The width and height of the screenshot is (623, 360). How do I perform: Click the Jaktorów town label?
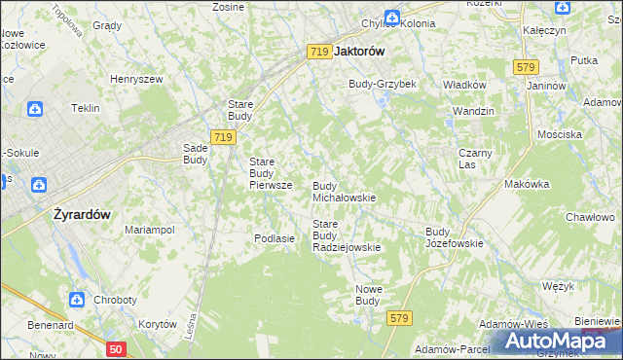click(359, 52)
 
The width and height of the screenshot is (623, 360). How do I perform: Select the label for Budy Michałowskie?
click(343, 192)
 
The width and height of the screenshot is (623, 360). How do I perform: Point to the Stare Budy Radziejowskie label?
click(346, 235)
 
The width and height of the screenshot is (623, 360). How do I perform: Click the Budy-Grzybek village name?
click(383, 84)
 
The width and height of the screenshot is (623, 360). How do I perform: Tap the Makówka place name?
click(527, 184)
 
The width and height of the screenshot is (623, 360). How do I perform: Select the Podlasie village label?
click(274, 238)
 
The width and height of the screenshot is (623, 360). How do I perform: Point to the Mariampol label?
click(149, 230)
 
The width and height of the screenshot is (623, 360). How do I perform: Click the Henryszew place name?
click(134, 78)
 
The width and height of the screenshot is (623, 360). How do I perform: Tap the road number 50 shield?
click(116, 348)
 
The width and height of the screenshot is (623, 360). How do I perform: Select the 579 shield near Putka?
click(526, 66)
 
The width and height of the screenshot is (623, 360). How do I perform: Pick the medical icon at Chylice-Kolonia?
click(390, 18)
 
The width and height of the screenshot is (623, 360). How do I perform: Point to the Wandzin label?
click(472, 112)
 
